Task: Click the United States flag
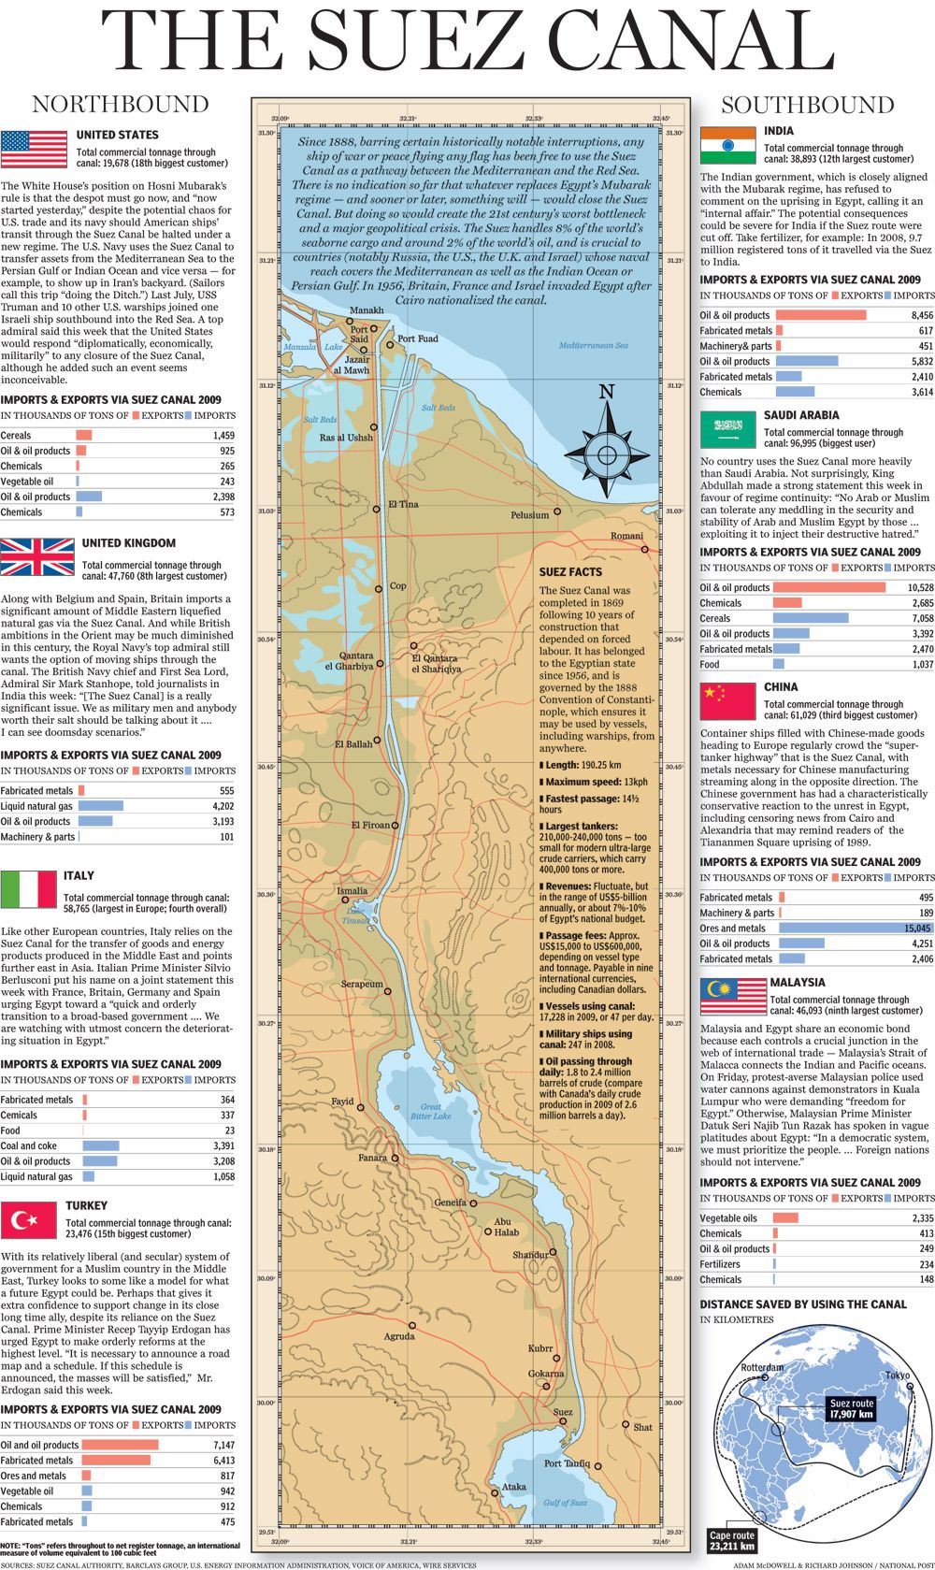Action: click(34, 149)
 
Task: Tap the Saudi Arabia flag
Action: click(727, 429)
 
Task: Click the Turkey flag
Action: click(29, 1220)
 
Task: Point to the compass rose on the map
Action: click(607, 454)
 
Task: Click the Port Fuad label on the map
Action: click(417, 338)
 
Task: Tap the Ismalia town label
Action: click(352, 891)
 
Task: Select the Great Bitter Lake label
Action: click(430, 1111)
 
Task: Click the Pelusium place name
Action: click(529, 515)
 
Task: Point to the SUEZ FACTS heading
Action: click(570, 571)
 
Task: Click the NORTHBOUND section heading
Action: click(121, 104)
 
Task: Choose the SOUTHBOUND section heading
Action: click(807, 105)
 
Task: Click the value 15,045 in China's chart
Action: click(917, 929)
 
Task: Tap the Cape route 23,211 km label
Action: click(731, 1540)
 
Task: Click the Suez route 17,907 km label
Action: click(851, 1408)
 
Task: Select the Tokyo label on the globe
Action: click(897, 1375)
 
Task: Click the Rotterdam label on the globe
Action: click(762, 1367)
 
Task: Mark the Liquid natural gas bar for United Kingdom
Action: click(100, 806)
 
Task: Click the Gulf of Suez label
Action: click(565, 1503)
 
